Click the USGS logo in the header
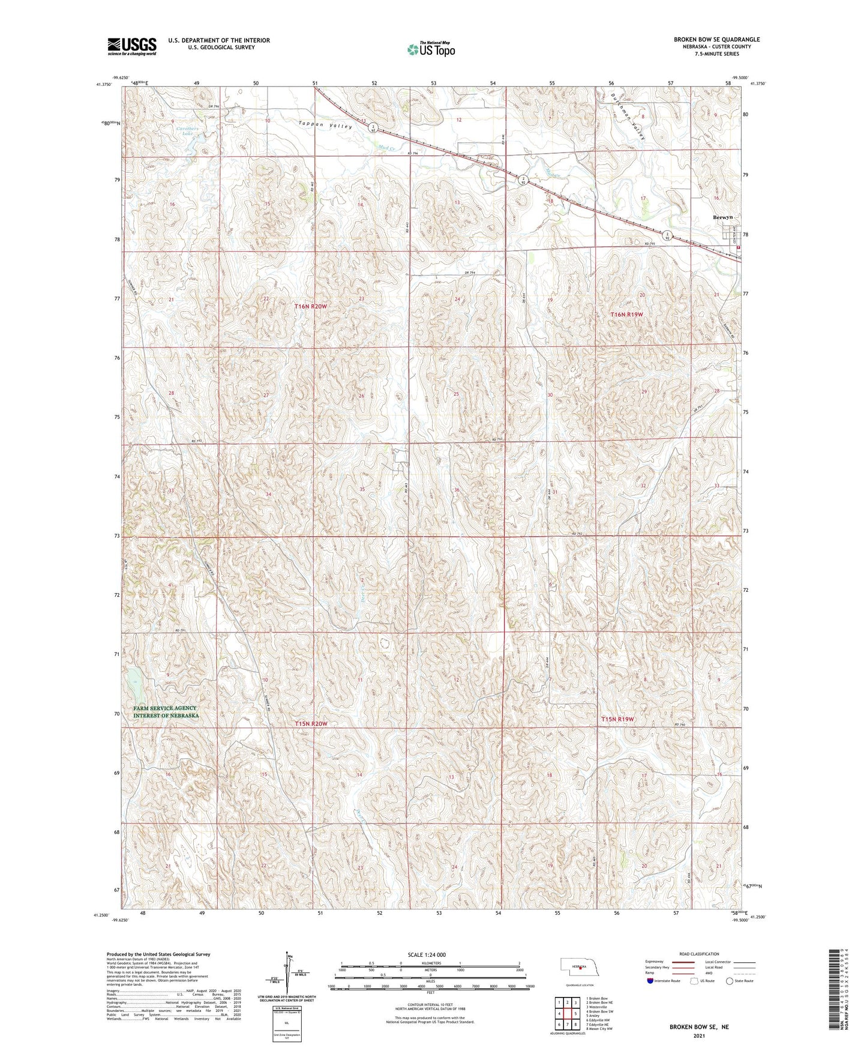(132, 46)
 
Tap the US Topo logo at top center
(430, 49)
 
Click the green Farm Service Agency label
(165, 712)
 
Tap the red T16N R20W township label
(311, 306)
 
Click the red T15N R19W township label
(617, 719)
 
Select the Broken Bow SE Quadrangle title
(716, 40)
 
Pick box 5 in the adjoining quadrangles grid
(575, 1013)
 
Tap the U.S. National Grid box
(286, 1020)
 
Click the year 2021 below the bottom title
(698, 1035)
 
